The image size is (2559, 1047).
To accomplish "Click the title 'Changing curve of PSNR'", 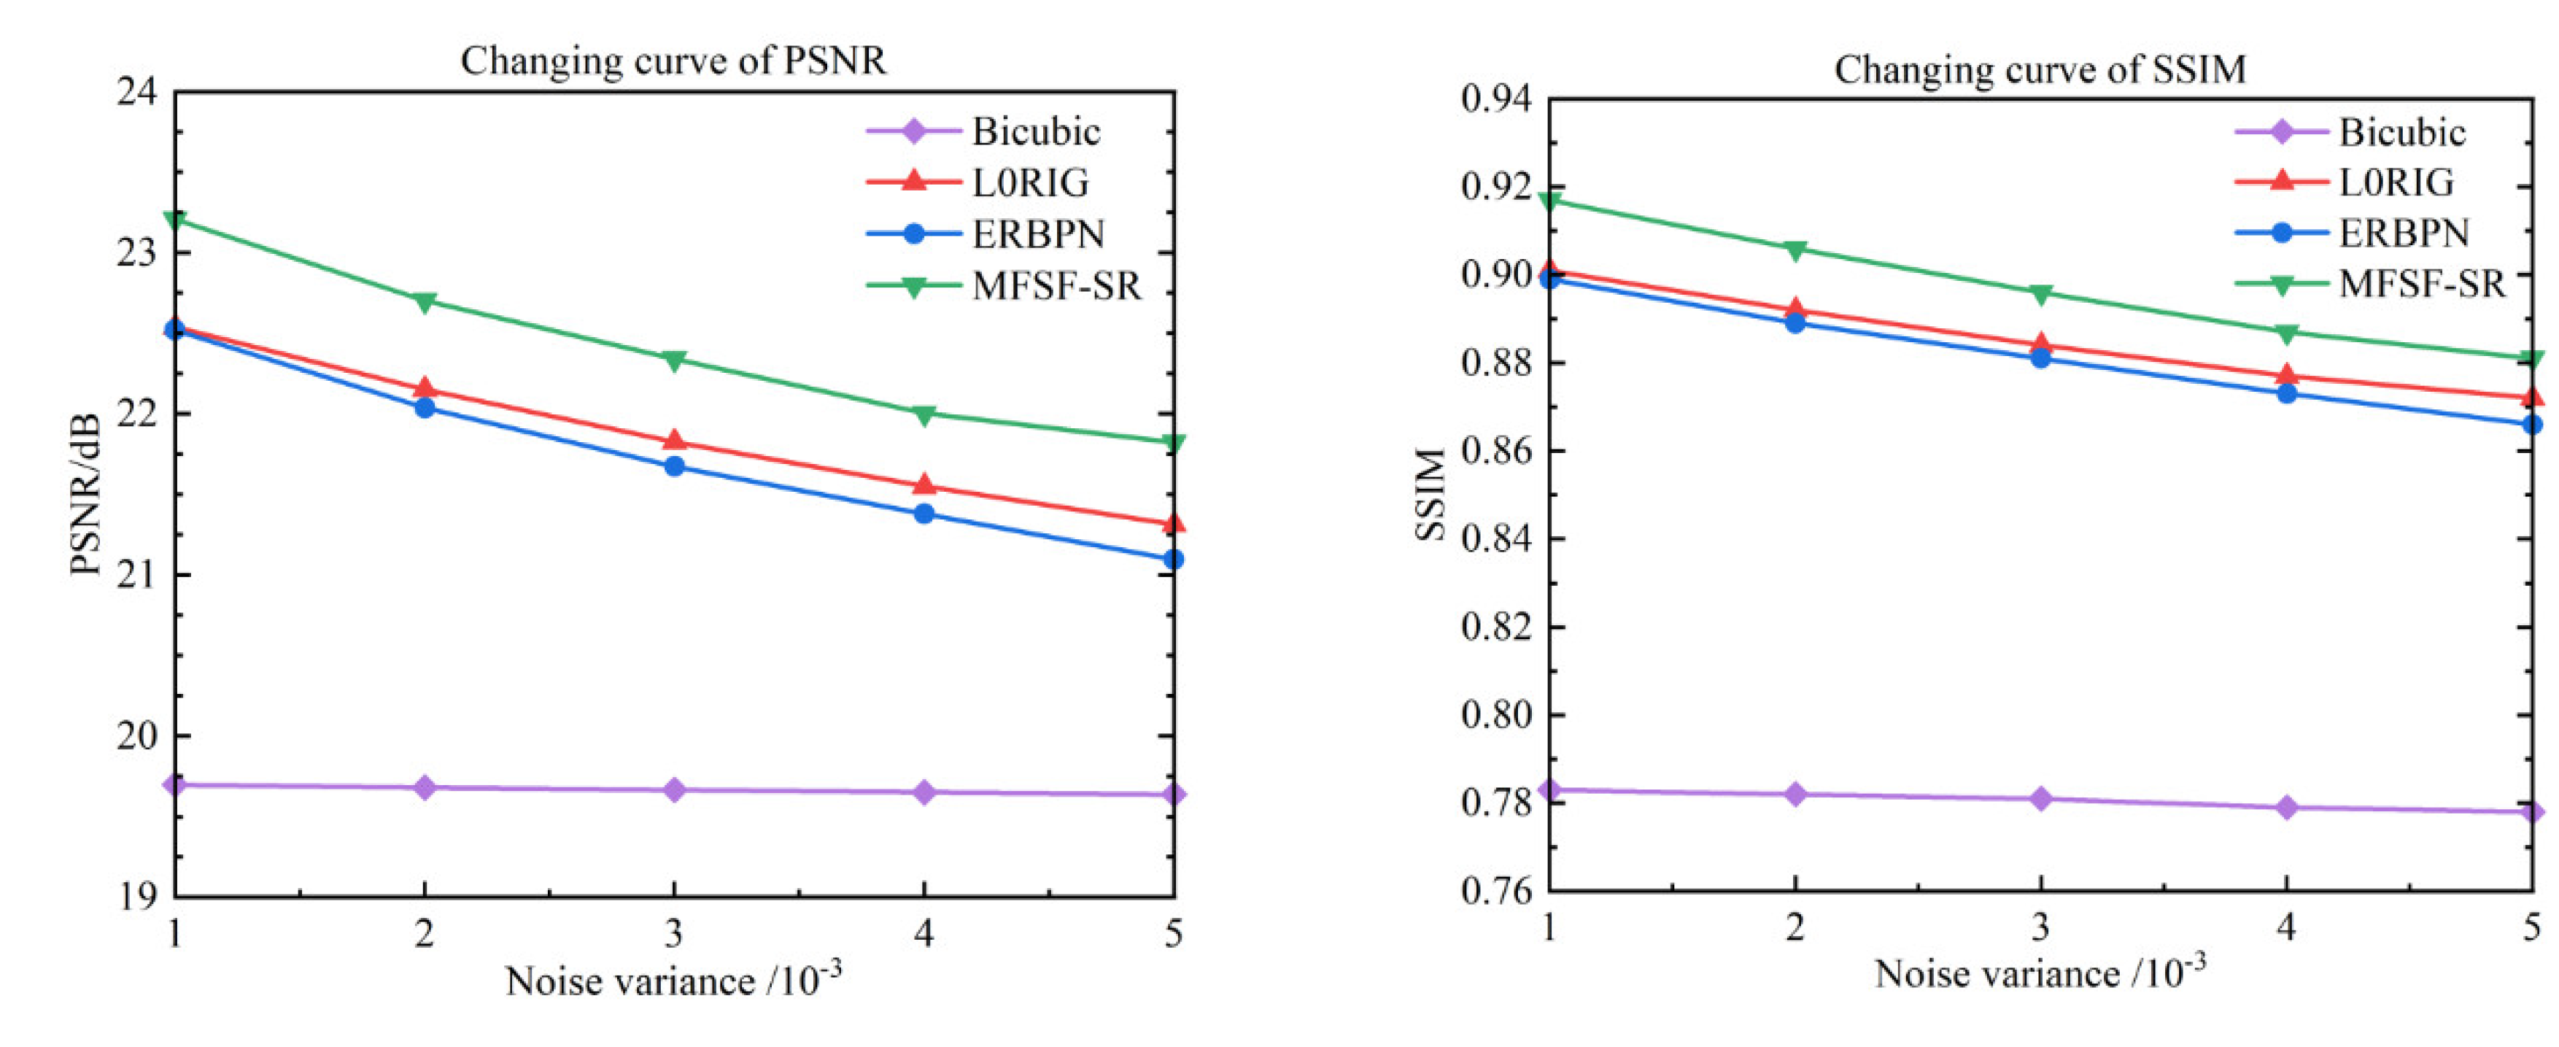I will [x=673, y=61].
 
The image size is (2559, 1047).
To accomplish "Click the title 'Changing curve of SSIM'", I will [x=2040, y=69].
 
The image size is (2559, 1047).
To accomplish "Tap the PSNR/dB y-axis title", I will [x=88, y=494].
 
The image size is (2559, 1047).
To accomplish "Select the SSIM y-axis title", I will [x=1431, y=494].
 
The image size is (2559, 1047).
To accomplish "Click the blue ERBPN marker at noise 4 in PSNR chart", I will [x=924, y=514].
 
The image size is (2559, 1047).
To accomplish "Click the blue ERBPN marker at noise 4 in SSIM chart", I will [x=2287, y=393].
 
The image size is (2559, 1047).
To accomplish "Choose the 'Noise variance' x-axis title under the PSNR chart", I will [x=673, y=981].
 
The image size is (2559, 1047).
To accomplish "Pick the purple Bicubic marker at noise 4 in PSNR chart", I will [x=924, y=792].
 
